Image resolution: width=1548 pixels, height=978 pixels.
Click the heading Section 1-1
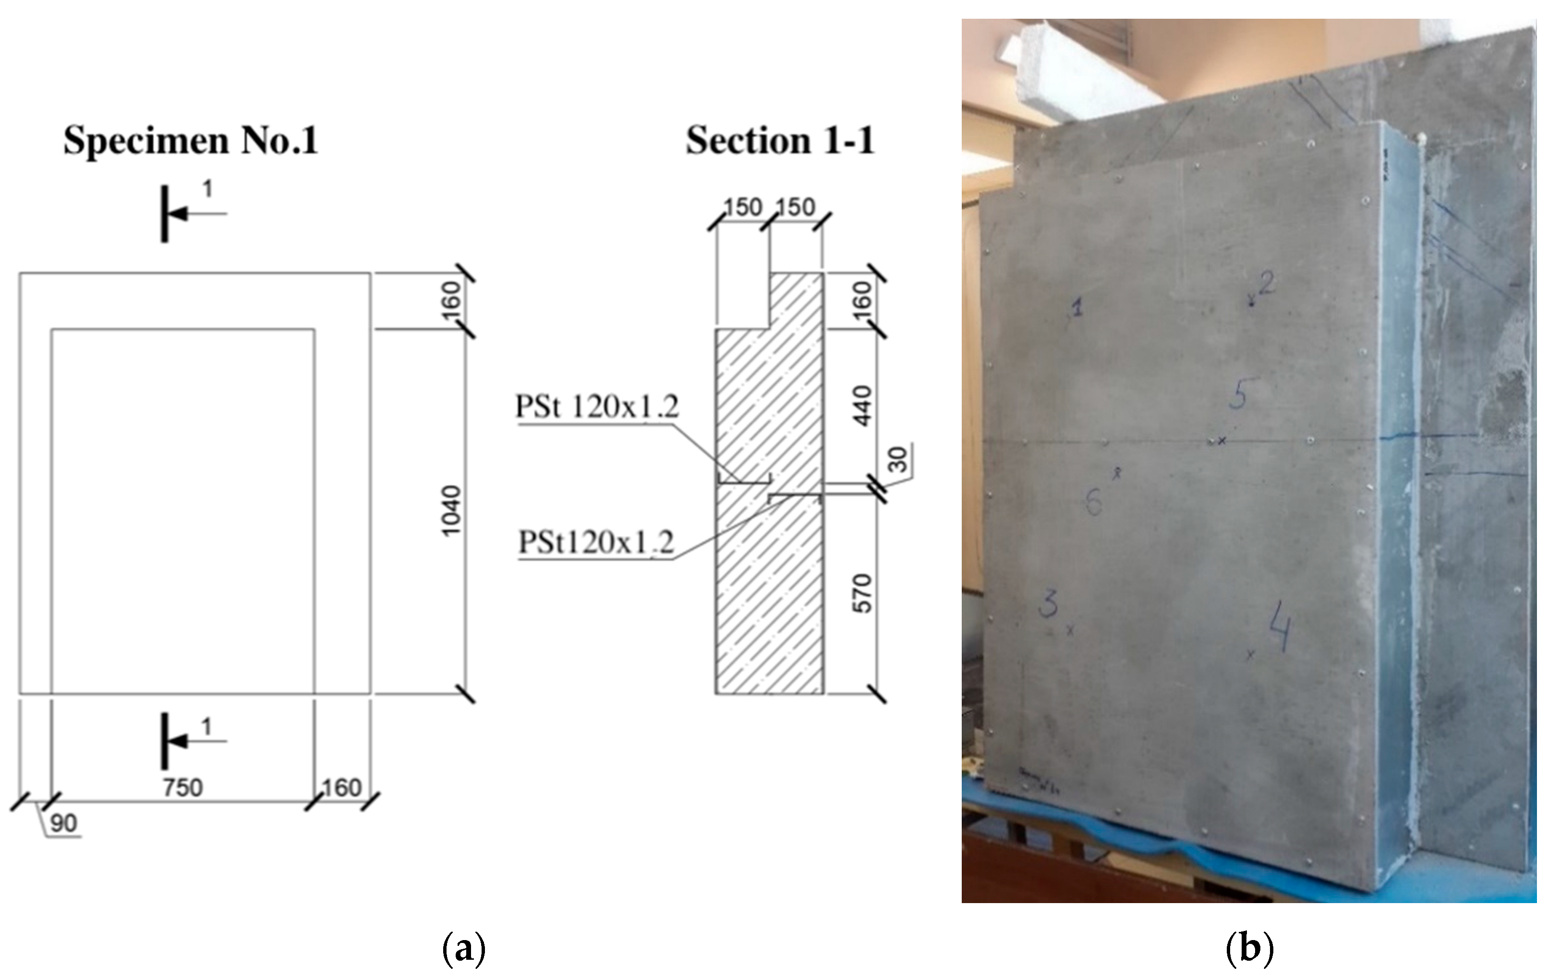click(x=780, y=140)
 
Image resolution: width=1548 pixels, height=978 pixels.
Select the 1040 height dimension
click(x=451, y=510)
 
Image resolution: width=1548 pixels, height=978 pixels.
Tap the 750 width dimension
click(x=182, y=787)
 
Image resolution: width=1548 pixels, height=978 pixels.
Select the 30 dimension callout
click(x=897, y=459)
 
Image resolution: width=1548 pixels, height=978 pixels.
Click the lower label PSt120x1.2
click(x=596, y=542)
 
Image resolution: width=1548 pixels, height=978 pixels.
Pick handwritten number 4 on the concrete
click(x=1279, y=627)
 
